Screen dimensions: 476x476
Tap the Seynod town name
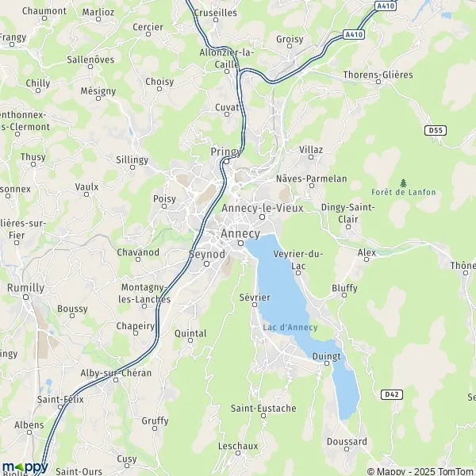point(207,254)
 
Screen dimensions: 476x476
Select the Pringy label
point(225,151)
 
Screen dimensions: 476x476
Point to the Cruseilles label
point(215,13)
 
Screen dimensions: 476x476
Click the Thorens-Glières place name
point(378,75)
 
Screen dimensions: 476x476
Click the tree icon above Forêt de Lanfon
point(403,182)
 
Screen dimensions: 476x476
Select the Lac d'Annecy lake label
point(290,328)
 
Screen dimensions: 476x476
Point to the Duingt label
point(326,356)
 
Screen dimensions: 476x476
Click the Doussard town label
point(347,442)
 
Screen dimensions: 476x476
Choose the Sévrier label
point(255,297)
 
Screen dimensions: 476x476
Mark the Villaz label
point(311,149)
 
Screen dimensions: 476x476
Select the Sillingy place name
point(132,159)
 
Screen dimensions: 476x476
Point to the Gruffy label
point(155,420)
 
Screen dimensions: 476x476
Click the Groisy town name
point(290,39)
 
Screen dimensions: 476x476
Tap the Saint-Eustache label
point(263,409)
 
